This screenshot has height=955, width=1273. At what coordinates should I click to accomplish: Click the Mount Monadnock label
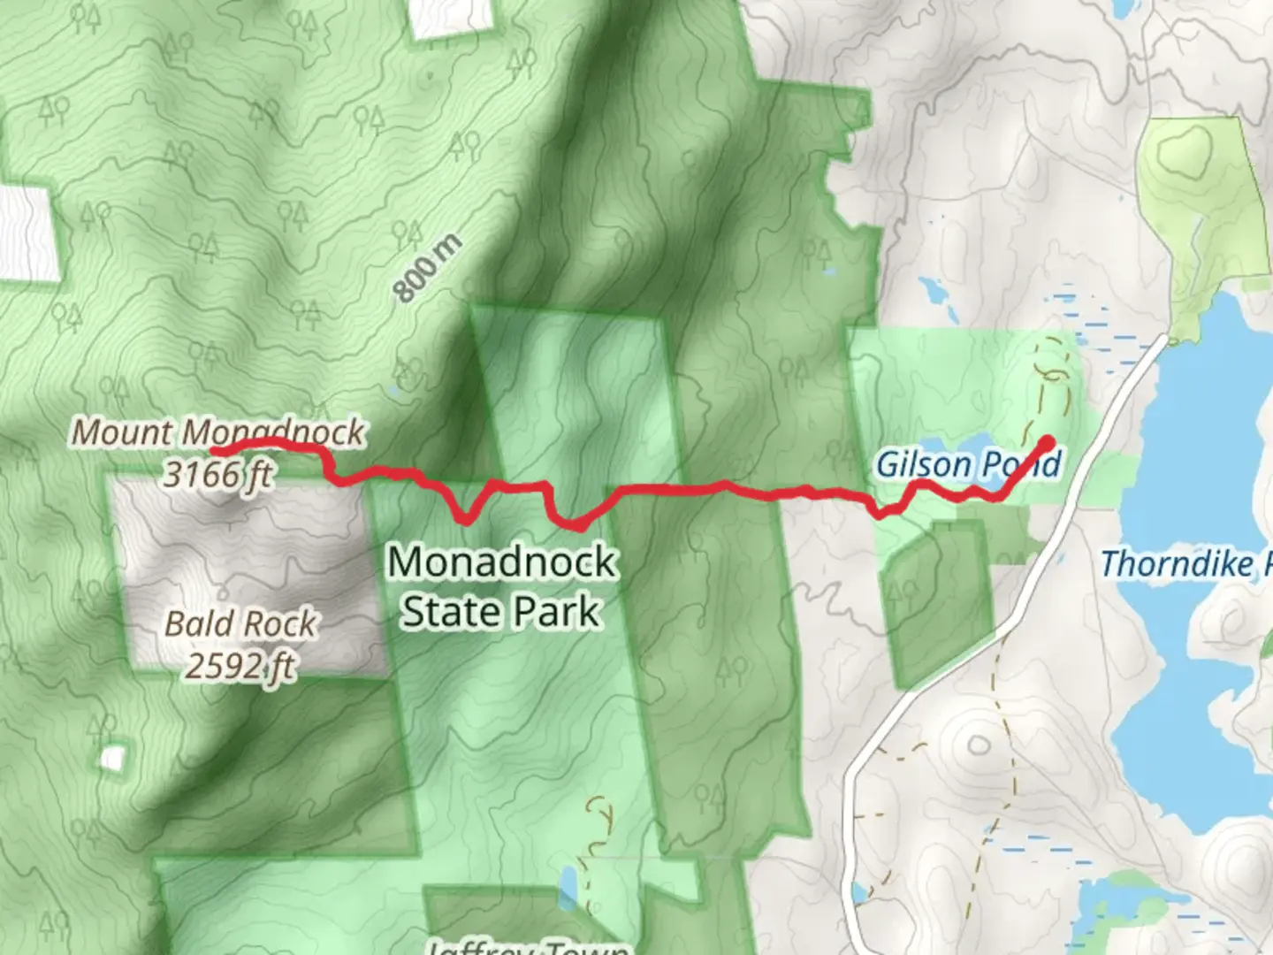click(217, 432)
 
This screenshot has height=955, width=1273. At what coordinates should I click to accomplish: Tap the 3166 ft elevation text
click(217, 475)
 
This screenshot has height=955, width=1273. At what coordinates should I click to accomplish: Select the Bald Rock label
click(240, 623)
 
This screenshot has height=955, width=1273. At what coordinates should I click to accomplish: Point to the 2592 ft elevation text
click(240, 665)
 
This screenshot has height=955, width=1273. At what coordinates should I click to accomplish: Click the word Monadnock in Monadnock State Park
click(501, 562)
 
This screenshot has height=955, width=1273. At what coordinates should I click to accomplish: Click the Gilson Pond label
click(968, 463)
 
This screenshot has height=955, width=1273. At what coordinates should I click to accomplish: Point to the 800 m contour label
click(427, 267)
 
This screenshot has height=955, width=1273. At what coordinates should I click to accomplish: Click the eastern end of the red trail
click(1048, 440)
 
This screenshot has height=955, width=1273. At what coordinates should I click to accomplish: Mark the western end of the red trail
click(215, 451)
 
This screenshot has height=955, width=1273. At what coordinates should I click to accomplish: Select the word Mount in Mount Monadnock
click(121, 432)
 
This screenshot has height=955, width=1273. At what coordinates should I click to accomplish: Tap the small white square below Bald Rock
click(112, 758)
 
